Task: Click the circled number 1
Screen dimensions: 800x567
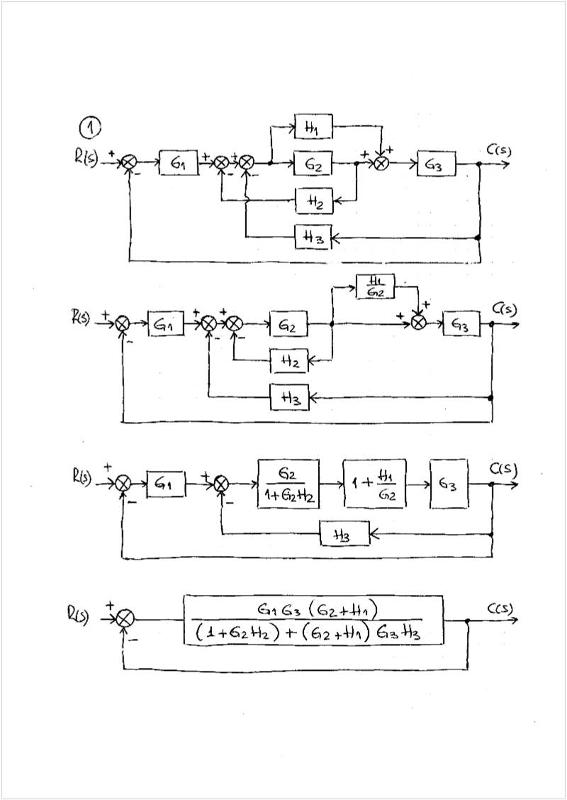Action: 90,128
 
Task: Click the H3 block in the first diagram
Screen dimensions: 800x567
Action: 313,238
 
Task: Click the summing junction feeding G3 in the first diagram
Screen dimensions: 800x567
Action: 381,164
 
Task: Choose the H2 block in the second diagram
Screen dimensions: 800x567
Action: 289,361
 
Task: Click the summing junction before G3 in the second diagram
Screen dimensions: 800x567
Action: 419,323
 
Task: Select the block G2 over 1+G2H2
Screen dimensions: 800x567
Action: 288,484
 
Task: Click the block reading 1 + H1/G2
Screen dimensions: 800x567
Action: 375,484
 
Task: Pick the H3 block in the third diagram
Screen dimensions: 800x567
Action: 344,535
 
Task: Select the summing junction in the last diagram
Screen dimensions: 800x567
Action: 125,619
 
